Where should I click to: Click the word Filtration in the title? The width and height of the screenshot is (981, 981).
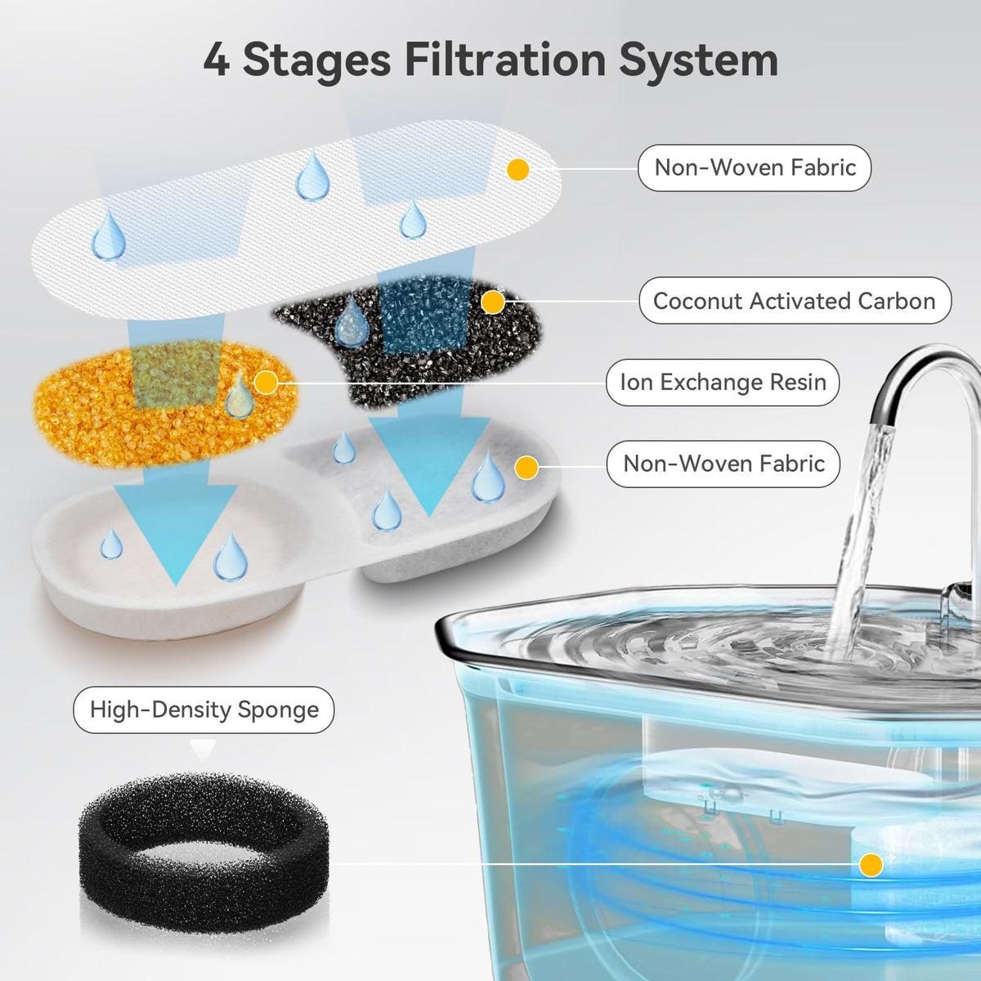point(505,60)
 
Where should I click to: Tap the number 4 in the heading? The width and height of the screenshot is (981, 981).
point(217,60)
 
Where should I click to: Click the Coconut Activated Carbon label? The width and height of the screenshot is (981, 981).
point(795,300)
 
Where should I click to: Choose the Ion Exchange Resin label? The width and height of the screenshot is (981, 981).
point(723,383)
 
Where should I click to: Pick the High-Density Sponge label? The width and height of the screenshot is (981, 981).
point(204,710)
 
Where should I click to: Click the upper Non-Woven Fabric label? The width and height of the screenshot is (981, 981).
point(755,168)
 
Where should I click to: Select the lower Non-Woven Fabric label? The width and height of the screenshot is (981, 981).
point(723,464)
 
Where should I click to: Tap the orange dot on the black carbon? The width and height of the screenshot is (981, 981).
point(492,302)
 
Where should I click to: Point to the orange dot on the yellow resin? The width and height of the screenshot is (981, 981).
point(265,383)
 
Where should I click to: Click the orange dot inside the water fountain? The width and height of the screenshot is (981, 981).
point(871,864)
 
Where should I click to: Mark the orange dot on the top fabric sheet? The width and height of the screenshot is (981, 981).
point(517,169)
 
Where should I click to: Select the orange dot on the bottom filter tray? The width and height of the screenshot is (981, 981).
point(526,468)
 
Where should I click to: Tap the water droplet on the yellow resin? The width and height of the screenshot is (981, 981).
point(240,394)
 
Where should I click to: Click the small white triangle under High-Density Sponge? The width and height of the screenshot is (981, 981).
point(203,750)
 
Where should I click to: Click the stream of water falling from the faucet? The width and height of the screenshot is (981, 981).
point(860,535)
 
